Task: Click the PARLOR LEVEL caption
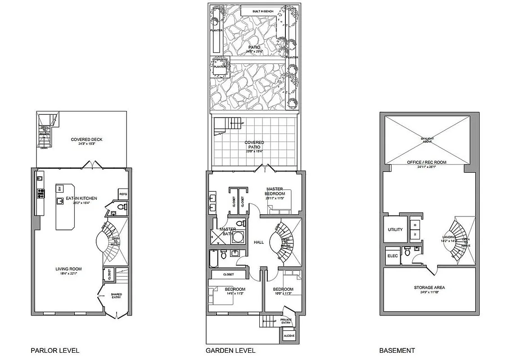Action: (55, 350)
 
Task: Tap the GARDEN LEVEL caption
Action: (230, 350)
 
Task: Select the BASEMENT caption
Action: (397, 350)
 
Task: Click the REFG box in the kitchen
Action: (123, 194)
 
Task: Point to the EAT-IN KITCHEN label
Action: (81, 198)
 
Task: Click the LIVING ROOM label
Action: (68, 269)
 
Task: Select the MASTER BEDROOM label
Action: (274, 191)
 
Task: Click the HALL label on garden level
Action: (259, 242)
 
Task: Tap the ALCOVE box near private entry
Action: (288, 336)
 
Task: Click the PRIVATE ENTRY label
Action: (286, 321)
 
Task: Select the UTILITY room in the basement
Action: (395, 229)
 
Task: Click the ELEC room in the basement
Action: (392, 256)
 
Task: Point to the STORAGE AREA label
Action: (429, 288)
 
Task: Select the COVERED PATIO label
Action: (254, 144)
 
